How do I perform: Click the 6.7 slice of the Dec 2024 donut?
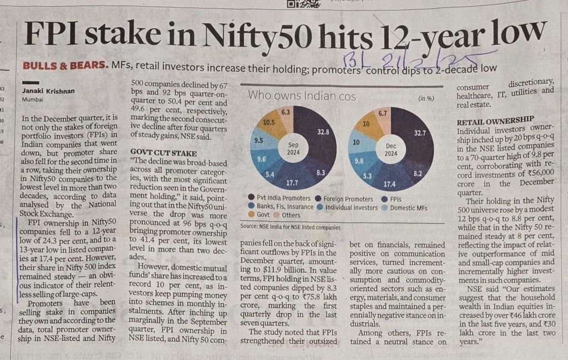click(x=382, y=113)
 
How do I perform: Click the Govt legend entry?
click(x=261, y=215)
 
